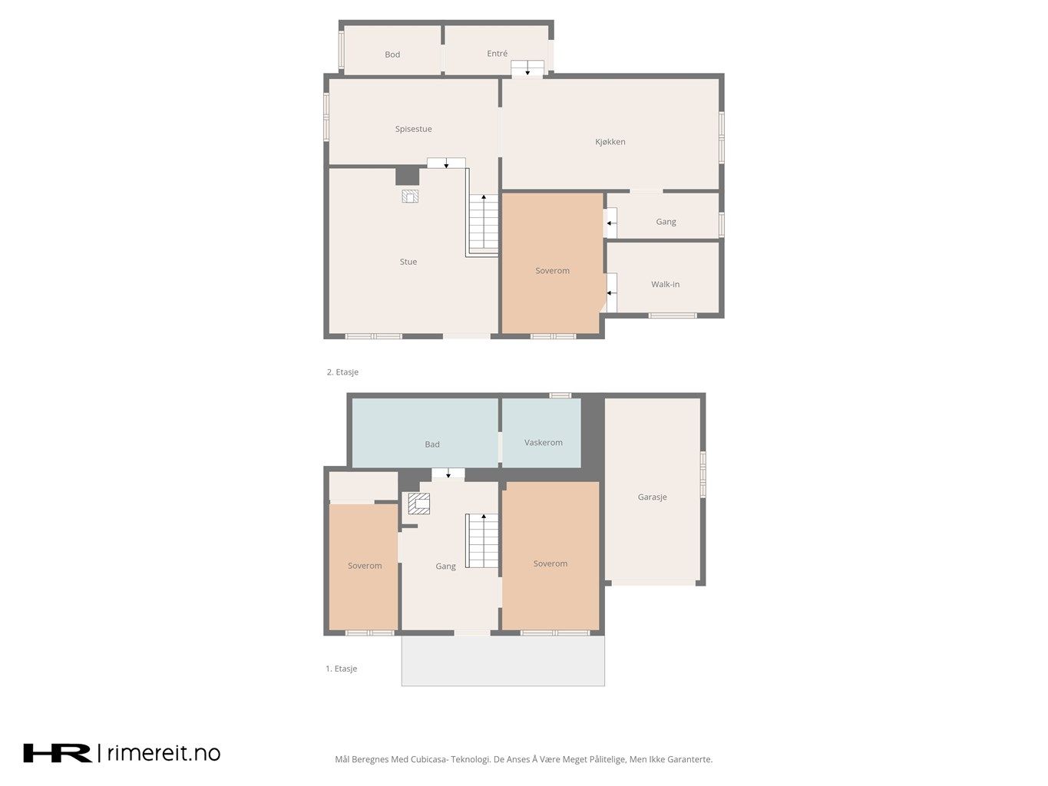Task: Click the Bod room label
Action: (x=392, y=54)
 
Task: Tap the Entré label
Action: (x=497, y=54)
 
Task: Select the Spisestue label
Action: (x=414, y=129)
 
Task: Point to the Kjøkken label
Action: (x=610, y=142)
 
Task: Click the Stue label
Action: (x=408, y=262)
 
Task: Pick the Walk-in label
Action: (x=665, y=285)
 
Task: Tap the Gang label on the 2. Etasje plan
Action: (x=666, y=222)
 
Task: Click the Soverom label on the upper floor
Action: (x=553, y=271)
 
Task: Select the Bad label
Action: (x=432, y=444)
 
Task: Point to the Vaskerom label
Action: (x=544, y=442)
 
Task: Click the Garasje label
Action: (x=652, y=497)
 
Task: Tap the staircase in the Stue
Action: (x=483, y=223)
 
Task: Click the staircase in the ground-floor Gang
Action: (x=482, y=540)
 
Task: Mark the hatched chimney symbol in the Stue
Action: (x=410, y=196)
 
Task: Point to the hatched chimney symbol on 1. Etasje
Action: (x=418, y=504)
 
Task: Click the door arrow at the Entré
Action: (x=527, y=71)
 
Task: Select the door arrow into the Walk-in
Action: (x=611, y=292)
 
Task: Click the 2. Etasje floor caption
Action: (x=342, y=372)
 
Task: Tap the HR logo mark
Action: (x=58, y=753)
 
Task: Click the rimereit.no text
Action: (x=164, y=753)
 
